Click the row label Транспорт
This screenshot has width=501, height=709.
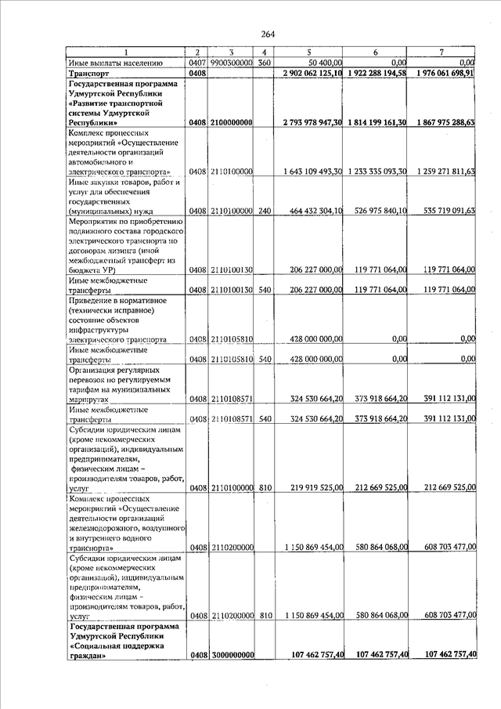point(91,73)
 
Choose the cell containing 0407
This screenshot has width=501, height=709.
point(196,62)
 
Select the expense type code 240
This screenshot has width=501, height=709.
point(265,212)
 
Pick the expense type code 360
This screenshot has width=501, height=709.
point(265,62)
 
